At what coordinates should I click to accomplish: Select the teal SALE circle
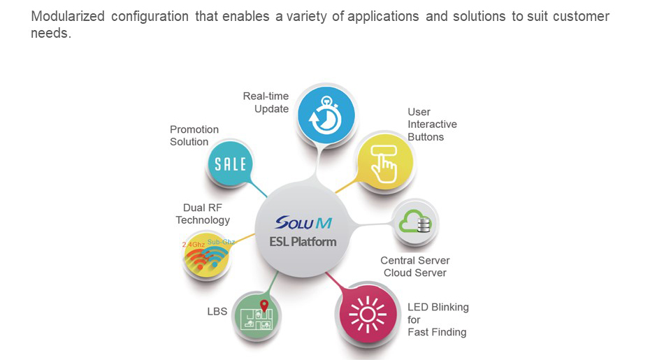[231, 164]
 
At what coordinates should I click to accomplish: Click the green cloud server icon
[414, 223]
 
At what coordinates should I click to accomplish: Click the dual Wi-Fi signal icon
[208, 257]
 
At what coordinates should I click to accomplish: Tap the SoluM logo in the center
[303, 223]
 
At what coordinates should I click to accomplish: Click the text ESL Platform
[303, 242]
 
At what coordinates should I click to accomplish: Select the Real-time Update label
[266, 103]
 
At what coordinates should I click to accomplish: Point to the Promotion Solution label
[194, 136]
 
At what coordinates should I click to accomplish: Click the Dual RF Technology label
[203, 214]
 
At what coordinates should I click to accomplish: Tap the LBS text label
[217, 311]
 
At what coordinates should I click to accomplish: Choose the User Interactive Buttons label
[432, 124]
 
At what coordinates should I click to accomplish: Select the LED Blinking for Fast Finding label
[438, 319]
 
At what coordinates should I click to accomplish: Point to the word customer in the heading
[582, 16]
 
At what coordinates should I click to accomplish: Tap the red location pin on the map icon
[264, 305]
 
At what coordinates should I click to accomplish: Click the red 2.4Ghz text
[194, 245]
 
